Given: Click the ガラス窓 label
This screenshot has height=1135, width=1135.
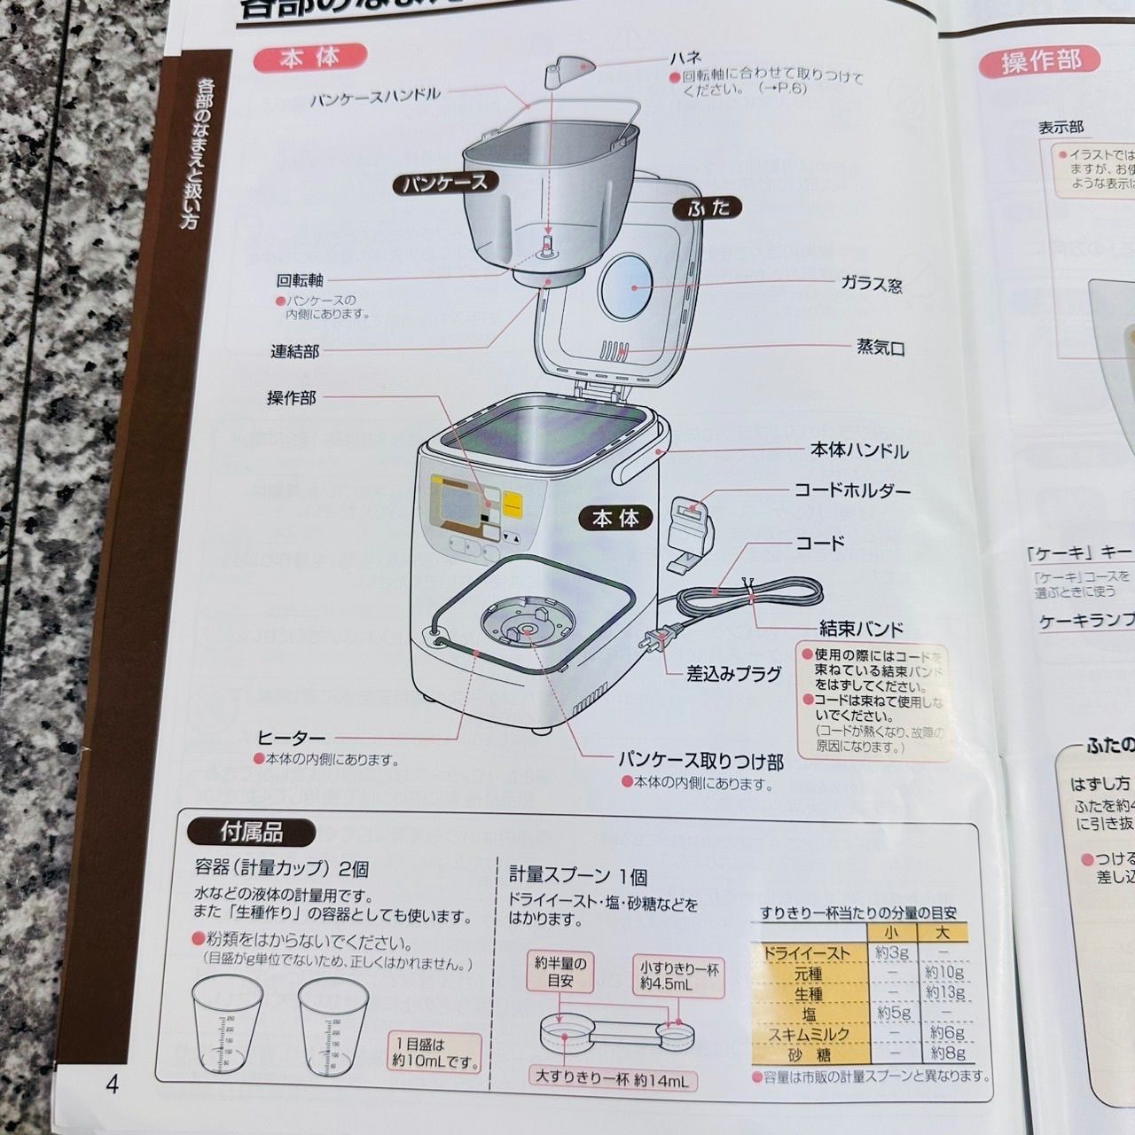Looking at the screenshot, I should (871, 284).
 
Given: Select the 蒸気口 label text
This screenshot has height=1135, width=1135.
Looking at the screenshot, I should (880, 348).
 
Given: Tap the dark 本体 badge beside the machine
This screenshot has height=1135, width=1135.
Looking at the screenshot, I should (615, 518).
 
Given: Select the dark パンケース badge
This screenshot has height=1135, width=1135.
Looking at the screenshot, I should (444, 183).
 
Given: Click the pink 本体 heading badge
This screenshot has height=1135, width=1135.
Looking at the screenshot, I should (309, 59).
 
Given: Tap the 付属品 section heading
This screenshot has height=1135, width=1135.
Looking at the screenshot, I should (251, 832).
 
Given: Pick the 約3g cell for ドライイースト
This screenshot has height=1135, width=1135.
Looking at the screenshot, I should (891, 953).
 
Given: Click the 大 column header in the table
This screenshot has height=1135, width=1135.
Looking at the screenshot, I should (943, 933).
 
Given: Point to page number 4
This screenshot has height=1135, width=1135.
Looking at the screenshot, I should (112, 1084).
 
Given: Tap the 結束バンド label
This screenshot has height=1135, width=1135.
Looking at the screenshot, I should (860, 629).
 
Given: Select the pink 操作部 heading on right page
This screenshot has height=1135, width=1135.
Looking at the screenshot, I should (1041, 60).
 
